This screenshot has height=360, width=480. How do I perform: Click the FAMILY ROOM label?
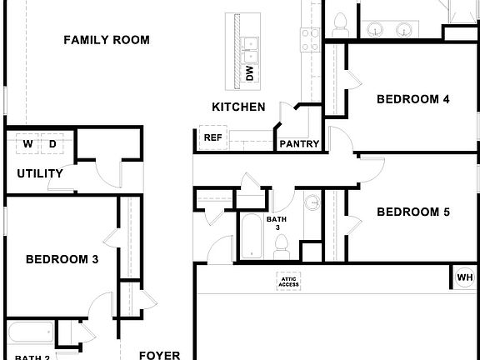[107, 39]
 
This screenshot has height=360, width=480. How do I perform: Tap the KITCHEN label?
[238, 107]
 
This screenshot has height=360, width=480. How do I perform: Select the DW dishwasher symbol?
[249, 72]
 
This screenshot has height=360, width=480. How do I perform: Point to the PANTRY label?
[299, 143]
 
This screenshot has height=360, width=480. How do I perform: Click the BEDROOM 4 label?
[413, 99]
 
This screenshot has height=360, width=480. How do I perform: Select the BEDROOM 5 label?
[413, 212]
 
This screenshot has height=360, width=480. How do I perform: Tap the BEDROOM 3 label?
[62, 259]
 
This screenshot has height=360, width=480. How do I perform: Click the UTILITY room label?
[40, 174]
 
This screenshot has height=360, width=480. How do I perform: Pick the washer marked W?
[27, 144]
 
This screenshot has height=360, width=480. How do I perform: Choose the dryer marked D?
[52, 144]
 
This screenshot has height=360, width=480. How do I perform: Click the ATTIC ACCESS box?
[289, 282]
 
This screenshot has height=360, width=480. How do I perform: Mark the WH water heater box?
[465, 277]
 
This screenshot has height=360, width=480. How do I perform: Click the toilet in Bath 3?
[281, 245]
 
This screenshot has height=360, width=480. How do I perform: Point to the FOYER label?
[159, 355]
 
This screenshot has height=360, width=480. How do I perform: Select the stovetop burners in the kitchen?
[310, 38]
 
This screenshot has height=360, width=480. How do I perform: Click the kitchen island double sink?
[250, 48]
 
